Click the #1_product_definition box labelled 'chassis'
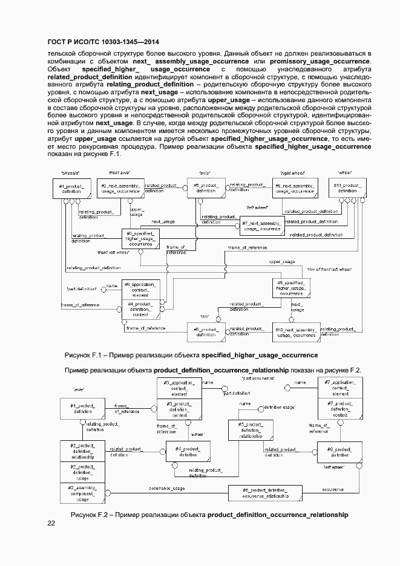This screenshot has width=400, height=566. pos(76,187)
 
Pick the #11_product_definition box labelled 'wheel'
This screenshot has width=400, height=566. pos(347,187)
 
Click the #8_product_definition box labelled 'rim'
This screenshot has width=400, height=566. pos(205,332)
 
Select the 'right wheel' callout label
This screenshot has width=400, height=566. pos(292,172)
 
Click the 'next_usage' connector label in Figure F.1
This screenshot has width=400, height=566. pos(164,222)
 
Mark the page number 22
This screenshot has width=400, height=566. pos(51,523)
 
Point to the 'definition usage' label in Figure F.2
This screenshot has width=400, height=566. pos(280,408)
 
